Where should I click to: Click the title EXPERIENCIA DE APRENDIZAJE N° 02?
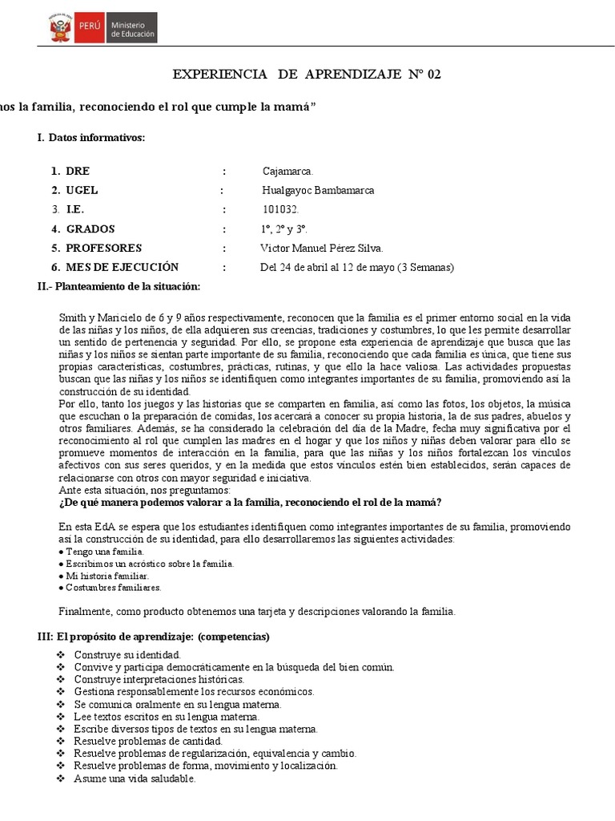coord(307,75)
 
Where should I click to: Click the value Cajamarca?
coord(288,172)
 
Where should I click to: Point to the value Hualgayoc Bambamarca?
coord(318,191)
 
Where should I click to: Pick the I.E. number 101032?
coord(280,209)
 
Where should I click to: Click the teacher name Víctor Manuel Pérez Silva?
coord(322,248)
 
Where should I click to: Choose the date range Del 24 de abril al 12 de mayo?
coord(357,267)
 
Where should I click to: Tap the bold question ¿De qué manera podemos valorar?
coord(250,503)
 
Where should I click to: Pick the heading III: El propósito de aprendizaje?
coord(153,637)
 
